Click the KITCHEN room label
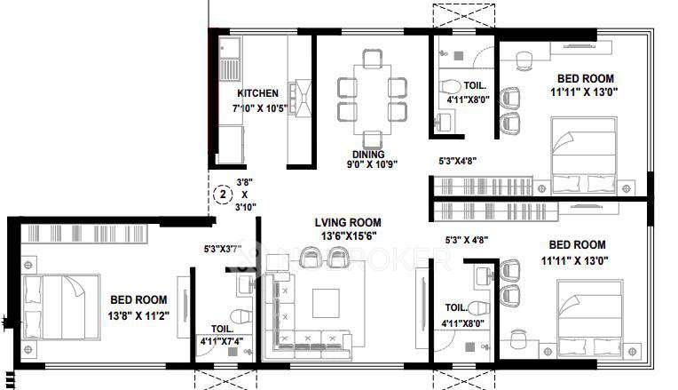tap(257, 93)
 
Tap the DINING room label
tap(367, 154)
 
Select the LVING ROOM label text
tap(347, 222)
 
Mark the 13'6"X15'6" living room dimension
tap(347, 236)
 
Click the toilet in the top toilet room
tap(451, 88)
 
